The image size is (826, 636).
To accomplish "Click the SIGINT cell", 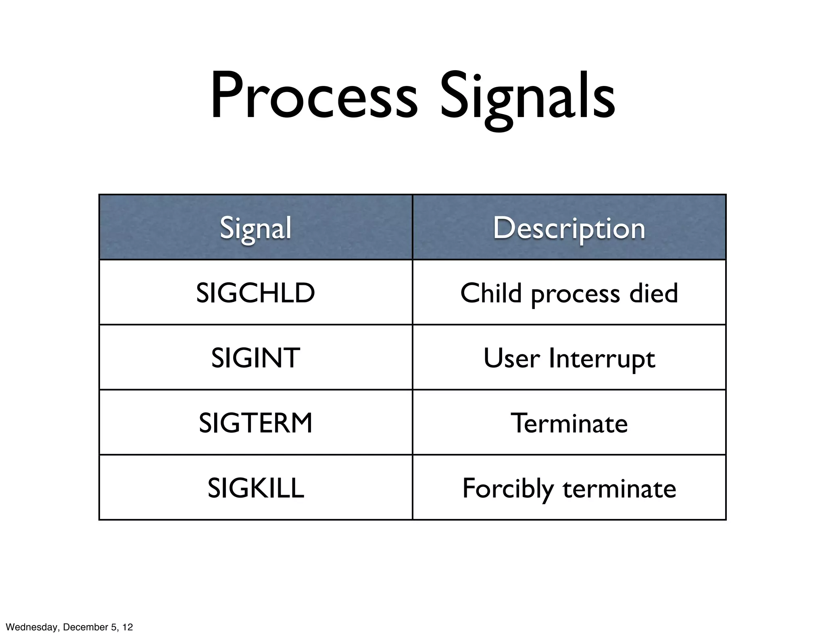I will [255, 358].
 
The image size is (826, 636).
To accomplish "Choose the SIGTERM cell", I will [255, 423].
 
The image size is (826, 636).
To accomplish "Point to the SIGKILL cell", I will [255, 488].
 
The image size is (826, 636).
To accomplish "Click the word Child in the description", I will [491, 293].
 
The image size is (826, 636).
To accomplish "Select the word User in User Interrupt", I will [511, 358].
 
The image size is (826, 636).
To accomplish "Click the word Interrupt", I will [602, 358].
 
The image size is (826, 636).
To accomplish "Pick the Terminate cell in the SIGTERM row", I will [569, 423].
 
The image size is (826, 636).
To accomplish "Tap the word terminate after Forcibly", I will [619, 489].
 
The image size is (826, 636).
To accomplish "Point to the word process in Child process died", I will [575, 295].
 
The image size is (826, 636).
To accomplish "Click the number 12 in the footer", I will [128, 627].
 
